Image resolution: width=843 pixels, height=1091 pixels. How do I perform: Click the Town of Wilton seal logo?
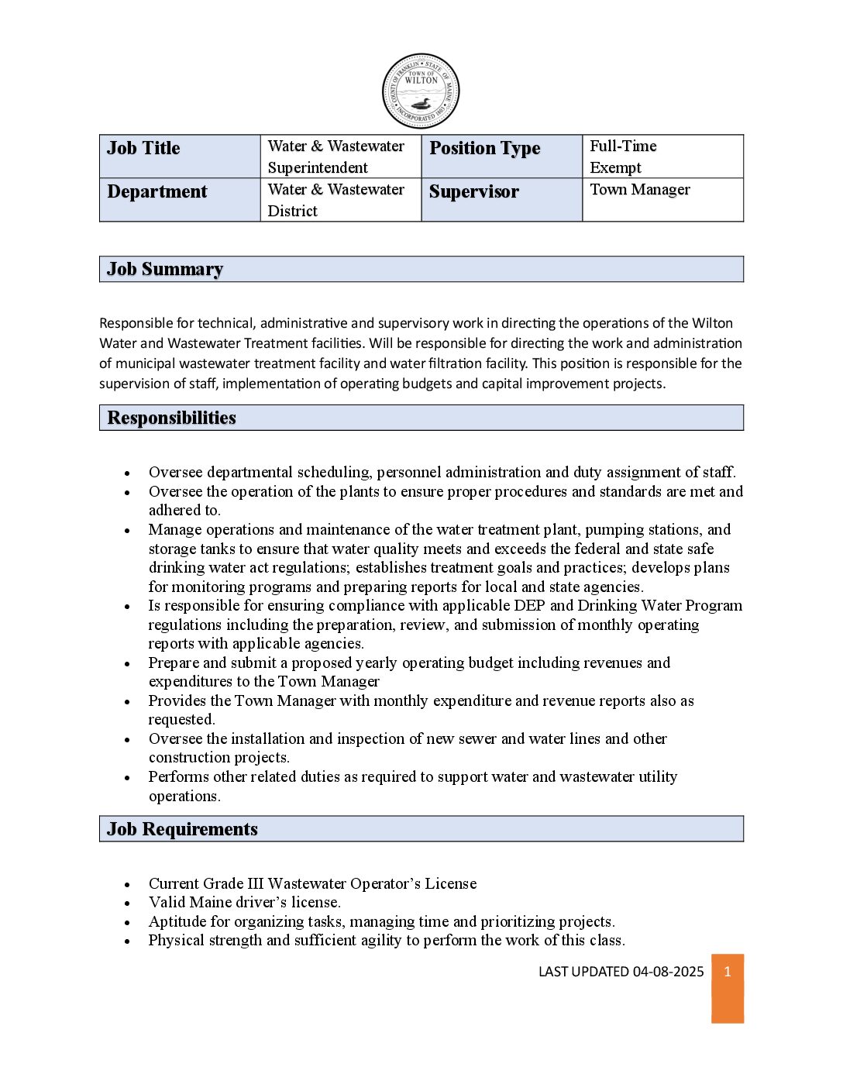click(x=421, y=91)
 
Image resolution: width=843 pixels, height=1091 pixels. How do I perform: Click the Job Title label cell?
click(x=180, y=156)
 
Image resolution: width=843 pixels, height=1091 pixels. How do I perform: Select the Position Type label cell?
click(x=501, y=156)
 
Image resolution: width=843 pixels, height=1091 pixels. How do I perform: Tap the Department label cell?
click(x=180, y=200)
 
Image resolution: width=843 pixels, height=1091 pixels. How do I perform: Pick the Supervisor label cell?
click(x=501, y=200)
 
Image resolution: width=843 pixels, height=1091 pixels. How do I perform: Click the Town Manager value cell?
click(x=662, y=199)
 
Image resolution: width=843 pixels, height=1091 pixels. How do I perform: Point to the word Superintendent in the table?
click(x=318, y=167)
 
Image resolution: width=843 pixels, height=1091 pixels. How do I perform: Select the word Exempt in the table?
click(x=615, y=167)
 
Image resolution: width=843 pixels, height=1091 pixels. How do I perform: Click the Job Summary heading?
click(x=165, y=269)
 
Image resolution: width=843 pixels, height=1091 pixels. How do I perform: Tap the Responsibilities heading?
click(x=171, y=418)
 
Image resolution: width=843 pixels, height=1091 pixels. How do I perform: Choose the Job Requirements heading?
click(x=182, y=829)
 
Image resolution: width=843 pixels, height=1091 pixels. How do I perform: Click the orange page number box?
click(x=728, y=988)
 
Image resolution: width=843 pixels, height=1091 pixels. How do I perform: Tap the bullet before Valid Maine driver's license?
click(x=127, y=903)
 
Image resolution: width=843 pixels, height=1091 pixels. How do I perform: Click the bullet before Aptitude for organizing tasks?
click(x=127, y=922)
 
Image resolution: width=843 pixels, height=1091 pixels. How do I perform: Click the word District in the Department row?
click(x=292, y=211)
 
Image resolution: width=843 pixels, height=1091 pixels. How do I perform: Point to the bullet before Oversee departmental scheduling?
click(x=127, y=473)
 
